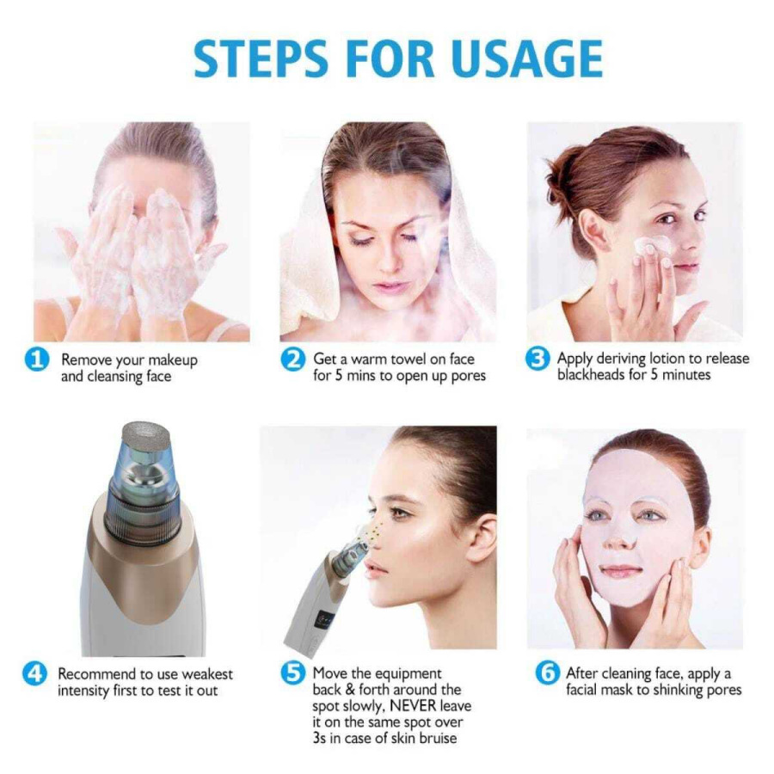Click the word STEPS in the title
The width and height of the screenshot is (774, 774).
[x=260, y=58]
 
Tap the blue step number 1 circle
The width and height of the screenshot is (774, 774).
[x=36, y=359]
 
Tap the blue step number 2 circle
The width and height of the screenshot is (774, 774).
[x=292, y=359]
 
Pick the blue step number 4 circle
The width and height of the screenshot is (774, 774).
[x=35, y=673]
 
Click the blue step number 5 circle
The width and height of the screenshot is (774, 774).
[x=292, y=673]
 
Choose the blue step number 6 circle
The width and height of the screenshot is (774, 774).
[x=547, y=673]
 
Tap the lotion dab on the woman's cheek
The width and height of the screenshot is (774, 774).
[x=652, y=246]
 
